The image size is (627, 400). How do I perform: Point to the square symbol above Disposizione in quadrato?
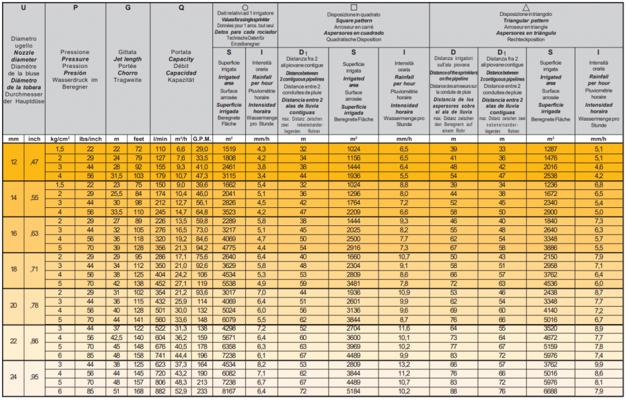tap(353, 6)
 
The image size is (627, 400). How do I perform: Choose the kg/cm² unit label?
tap(59, 139)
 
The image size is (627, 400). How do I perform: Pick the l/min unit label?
tap(160, 139)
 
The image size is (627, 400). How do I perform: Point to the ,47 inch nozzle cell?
tap(34, 162)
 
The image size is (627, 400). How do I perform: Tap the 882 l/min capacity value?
tap(160, 391)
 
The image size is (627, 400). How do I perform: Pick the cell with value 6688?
tap(550, 391)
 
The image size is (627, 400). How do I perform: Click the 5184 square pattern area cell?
tap(353, 391)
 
